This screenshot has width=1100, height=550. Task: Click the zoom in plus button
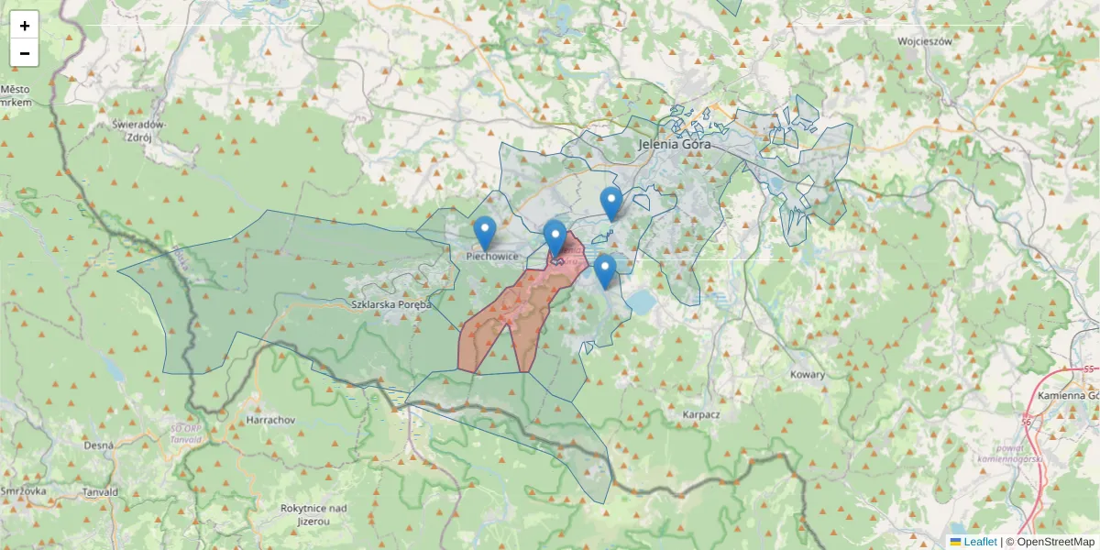pos(25,26)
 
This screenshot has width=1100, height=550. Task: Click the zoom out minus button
pos(25,53)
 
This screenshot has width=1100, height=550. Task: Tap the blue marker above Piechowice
pos(485,233)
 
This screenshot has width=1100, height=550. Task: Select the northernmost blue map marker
pos(611,203)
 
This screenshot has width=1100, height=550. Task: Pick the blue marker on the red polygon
pos(555,236)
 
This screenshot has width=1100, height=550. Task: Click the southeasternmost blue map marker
pos(604,270)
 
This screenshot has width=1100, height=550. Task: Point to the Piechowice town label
pos(492,257)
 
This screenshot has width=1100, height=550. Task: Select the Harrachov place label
pos(270,420)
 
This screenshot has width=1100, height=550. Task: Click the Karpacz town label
pos(701,414)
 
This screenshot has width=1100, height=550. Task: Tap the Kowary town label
pos(807,374)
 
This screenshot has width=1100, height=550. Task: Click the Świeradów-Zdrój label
pos(137,129)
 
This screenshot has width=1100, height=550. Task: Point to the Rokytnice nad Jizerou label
pos(313,513)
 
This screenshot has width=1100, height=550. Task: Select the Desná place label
pos(98,445)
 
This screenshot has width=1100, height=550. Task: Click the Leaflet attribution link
pos(980,542)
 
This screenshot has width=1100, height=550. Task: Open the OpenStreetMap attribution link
pos(1055,542)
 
